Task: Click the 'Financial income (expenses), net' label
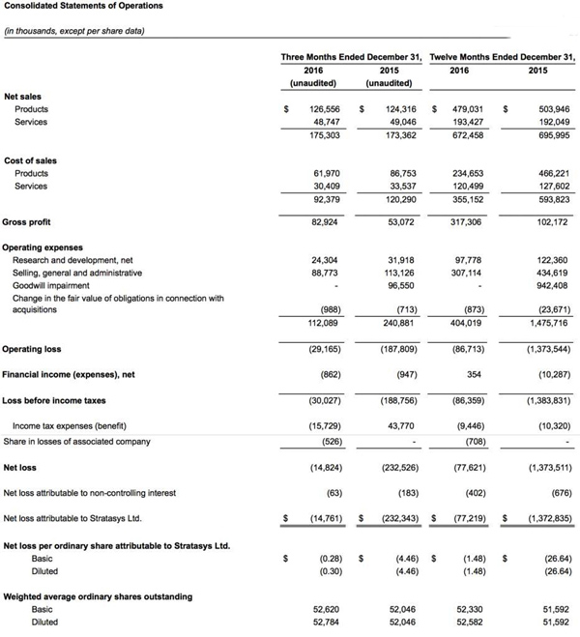[73, 373]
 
